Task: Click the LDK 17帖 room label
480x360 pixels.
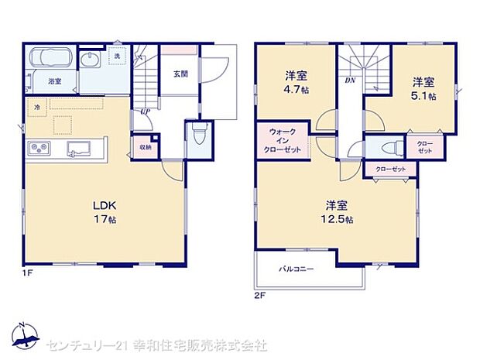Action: (105, 213)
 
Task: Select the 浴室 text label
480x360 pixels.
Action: (54, 81)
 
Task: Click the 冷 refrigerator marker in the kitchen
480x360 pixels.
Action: (36, 106)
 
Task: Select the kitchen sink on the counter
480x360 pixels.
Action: (78, 148)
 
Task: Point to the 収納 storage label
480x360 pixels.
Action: (146, 147)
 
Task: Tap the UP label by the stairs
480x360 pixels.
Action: (145, 111)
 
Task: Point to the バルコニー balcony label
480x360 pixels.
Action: (297, 269)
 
